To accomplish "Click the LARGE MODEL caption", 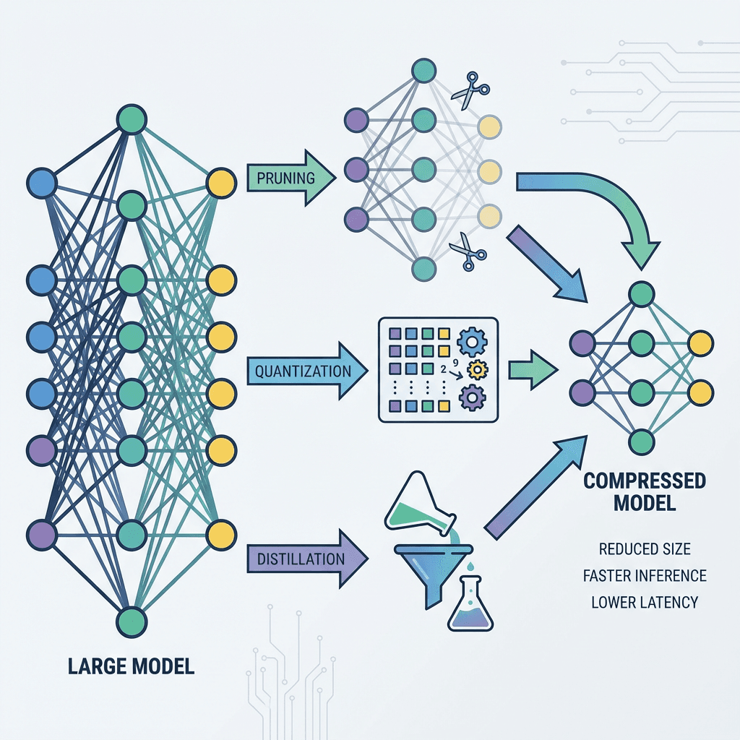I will tap(131, 666).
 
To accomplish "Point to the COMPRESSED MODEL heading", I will tap(644, 491).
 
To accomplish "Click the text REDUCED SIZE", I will tap(645, 549).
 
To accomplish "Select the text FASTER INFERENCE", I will tap(645, 575).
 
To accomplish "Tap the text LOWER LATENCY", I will tap(645, 601).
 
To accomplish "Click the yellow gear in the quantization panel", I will tap(477, 369).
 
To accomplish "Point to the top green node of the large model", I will tap(132, 120).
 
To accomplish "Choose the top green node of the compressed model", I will tap(641, 294).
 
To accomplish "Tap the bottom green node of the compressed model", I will tap(641, 441).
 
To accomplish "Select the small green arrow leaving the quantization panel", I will tap(533, 371).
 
